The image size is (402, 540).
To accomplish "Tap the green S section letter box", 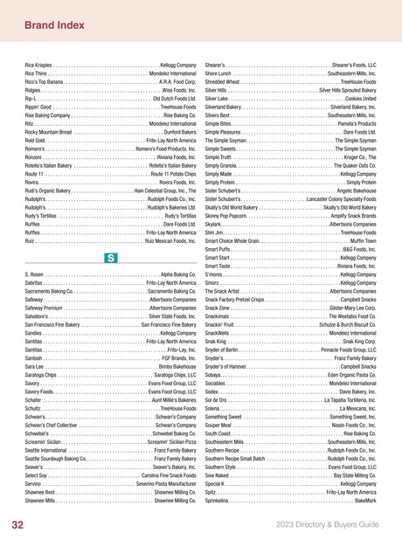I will tap(111, 233).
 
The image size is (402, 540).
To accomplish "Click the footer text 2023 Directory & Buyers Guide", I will tap(326, 524).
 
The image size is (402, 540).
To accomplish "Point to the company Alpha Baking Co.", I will tap(178, 251).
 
